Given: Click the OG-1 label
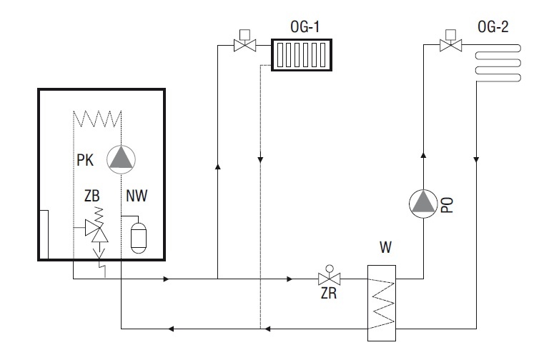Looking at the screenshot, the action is click(305, 27).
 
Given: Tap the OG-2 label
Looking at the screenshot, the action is click(493, 27).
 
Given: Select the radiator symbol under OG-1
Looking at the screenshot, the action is click(302, 55).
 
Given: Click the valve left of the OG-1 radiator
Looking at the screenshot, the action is click(245, 41).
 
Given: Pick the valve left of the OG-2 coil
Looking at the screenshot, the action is click(450, 41).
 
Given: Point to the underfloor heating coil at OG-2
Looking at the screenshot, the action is click(498, 63).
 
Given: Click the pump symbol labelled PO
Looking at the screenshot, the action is click(423, 204).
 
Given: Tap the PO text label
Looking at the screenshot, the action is click(447, 205).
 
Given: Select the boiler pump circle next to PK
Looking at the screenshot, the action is click(122, 159).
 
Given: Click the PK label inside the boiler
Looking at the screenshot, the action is click(85, 160).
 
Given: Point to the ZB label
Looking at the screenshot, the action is click(92, 196).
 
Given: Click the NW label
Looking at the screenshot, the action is click(137, 196).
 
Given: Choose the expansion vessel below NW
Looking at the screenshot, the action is click(139, 238).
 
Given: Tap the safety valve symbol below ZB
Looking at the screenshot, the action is click(97, 232).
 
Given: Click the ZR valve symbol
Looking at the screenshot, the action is click(330, 276).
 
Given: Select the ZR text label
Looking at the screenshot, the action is click(329, 294).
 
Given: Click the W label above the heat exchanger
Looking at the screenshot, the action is click(385, 247).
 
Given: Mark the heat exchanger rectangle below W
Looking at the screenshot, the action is click(382, 303).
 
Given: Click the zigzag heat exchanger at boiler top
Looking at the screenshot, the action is click(97, 119).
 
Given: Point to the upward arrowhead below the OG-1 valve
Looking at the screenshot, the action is click(217, 166).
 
